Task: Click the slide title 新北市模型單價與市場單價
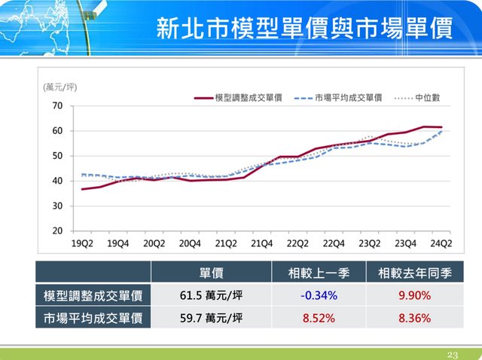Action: pyautogui.click(x=304, y=28)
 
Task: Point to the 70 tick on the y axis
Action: pyautogui.click(x=57, y=106)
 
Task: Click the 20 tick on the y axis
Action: pyautogui.click(x=57, y=230)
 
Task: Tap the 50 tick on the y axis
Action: pyautogui.click(x=57, y=156)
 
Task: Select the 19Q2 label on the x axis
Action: pyautogui.click(x=82, y=243)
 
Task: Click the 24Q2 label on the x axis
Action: pyautogui.click(x=441, y=243)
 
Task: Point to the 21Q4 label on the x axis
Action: pyautogui.click(x=261, y=243)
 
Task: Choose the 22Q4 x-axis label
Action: pyautogui.click(x=334, y=243)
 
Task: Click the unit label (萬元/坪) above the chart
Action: pyautogui.click(x=60, y=87)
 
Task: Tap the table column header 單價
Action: pyautogui.click(x=211, y=273)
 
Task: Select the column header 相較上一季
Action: pyautogui.click(x=318, y=273)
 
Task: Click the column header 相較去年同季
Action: pyautogui.click(x=414, y=273)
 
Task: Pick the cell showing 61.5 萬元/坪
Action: pyautogui.click(x=211, y=295)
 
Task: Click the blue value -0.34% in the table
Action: pyautogui.click(x=318, y=295)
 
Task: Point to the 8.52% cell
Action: pyautogui.click(x=318, y=318)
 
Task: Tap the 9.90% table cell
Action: pyautogui.click(x=414, y=295)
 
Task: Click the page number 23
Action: pyautogui.click(x=453, y=354)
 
